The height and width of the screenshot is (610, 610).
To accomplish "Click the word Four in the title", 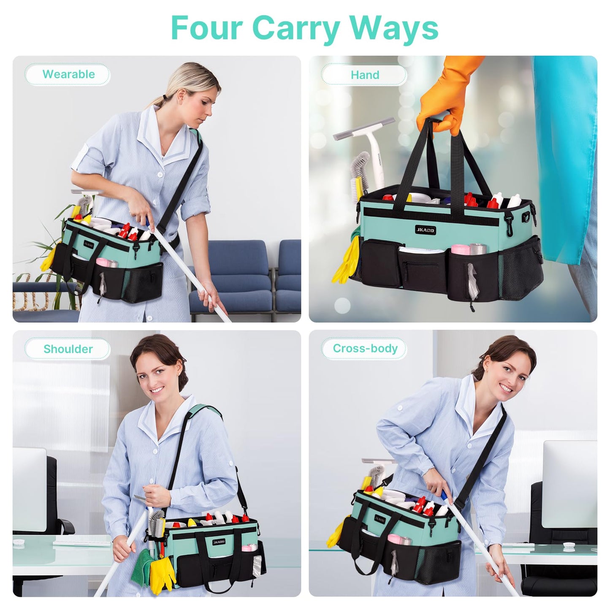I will point(207,28).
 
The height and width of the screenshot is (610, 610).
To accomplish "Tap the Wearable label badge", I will point(68,74).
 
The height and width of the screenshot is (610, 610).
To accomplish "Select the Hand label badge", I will point(364,75).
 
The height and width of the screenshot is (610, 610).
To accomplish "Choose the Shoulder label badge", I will point(68,349).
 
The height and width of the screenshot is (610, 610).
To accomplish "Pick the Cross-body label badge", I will point(365,349).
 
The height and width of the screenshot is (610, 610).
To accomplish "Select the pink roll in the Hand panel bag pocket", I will point(459,249).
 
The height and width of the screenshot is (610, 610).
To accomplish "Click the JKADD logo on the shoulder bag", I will point(219,542).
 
